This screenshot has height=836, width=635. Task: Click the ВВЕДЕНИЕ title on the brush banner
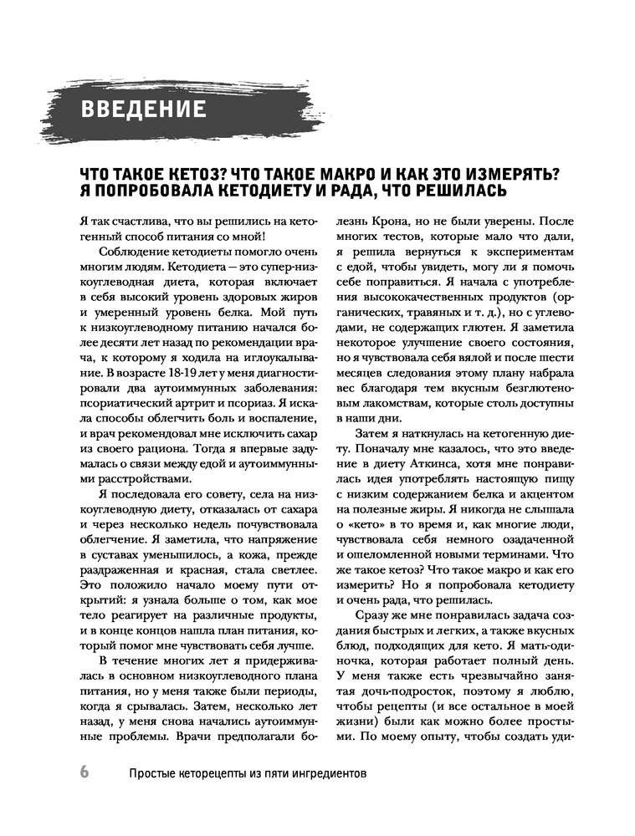click(x=144, y=110)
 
